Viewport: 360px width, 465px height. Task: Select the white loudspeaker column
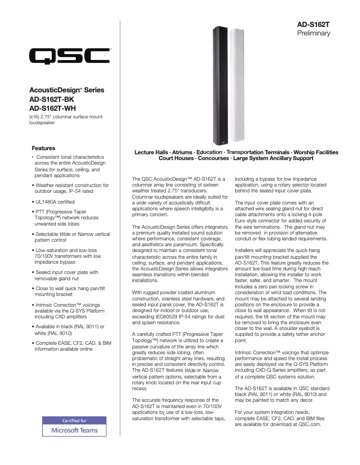236,85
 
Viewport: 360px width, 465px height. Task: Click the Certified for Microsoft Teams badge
75,426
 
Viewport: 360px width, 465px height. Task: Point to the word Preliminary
314,33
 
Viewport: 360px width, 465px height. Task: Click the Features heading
44,148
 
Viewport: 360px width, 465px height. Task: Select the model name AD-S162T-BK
52,99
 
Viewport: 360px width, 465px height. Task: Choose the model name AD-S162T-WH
52,108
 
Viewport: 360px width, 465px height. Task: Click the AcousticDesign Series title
66,90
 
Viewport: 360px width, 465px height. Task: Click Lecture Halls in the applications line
152,152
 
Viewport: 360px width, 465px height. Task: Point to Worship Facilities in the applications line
316,152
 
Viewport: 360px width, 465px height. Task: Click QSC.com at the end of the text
310,424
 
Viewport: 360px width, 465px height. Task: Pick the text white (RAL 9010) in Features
53,334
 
